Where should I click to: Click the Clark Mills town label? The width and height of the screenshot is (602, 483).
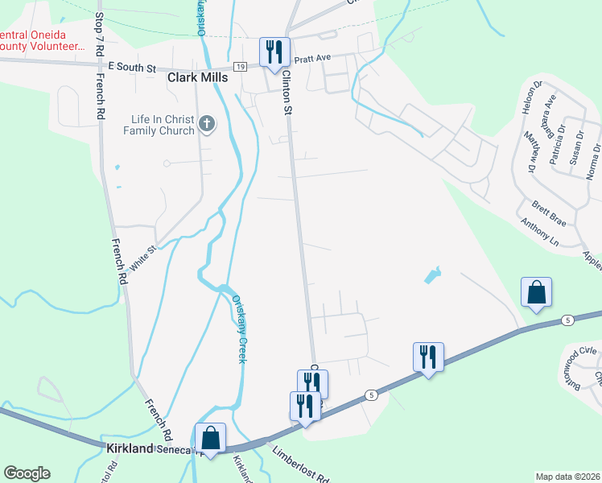point(197,78)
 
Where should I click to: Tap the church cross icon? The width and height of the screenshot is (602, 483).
point(208,124)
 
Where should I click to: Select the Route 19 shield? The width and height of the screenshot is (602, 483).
point(241,68)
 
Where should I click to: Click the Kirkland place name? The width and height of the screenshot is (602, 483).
point(130,448)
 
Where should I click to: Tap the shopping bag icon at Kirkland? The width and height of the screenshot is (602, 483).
point(210,439)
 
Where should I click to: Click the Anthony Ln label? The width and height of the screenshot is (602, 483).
point(539,232)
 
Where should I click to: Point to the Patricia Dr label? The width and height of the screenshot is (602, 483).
point(554,140)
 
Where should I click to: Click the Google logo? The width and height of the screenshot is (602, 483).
point(27,473)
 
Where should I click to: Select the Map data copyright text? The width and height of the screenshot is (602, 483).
point(567,477)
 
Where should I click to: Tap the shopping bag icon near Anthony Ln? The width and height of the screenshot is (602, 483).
point(536,293)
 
